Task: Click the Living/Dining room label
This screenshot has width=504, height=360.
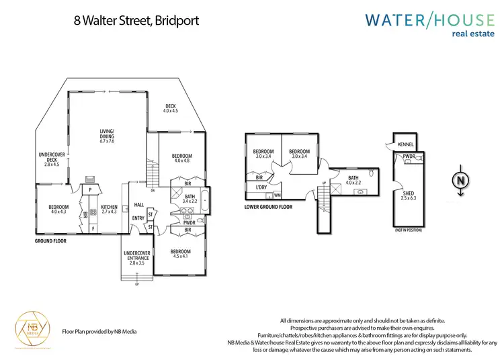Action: point(108,136)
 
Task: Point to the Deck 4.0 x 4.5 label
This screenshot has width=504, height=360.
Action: point(170,107)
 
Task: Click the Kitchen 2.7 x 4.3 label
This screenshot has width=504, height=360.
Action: point(109,210)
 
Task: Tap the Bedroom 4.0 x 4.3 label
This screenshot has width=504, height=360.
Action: point(58,210)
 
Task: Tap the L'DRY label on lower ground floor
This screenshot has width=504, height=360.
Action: point(260,187)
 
